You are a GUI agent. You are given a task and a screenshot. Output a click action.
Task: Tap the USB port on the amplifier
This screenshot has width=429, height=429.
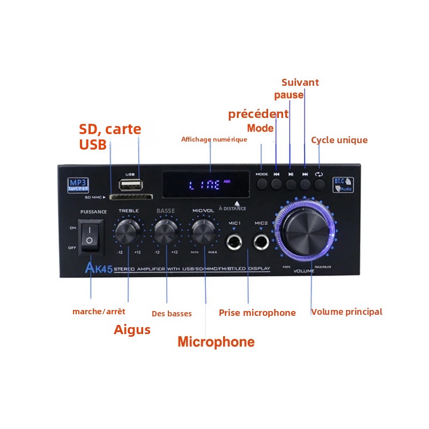tap(130, 186)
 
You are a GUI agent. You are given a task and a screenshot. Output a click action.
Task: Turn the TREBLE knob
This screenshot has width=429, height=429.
tap(128, 232)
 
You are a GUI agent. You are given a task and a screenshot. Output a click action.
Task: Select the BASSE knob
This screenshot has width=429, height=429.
tap(166, 232)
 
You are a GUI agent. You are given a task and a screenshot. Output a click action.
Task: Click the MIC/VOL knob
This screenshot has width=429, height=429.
tap(204, 232)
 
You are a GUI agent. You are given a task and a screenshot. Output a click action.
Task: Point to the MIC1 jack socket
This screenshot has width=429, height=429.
tap(234, 242)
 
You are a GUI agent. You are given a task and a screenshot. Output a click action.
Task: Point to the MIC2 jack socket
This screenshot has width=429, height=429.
tap(262, 242)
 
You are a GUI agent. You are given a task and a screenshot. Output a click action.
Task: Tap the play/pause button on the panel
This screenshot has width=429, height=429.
tap(291, 184)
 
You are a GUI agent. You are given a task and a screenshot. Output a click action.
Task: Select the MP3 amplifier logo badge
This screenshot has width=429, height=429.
tap(75, 185)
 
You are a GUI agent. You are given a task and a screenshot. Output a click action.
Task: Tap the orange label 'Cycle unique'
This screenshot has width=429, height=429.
tap(339, 140)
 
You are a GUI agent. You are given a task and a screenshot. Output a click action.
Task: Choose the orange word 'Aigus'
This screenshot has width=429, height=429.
tap(132, 330)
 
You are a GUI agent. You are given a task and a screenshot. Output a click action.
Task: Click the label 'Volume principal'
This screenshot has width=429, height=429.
tap(347, 312)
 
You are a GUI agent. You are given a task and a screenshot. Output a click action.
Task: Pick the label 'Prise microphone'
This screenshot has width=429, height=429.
tap(257, 313)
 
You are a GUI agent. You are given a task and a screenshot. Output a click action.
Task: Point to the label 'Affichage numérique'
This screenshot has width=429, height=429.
tap(214, 139)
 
